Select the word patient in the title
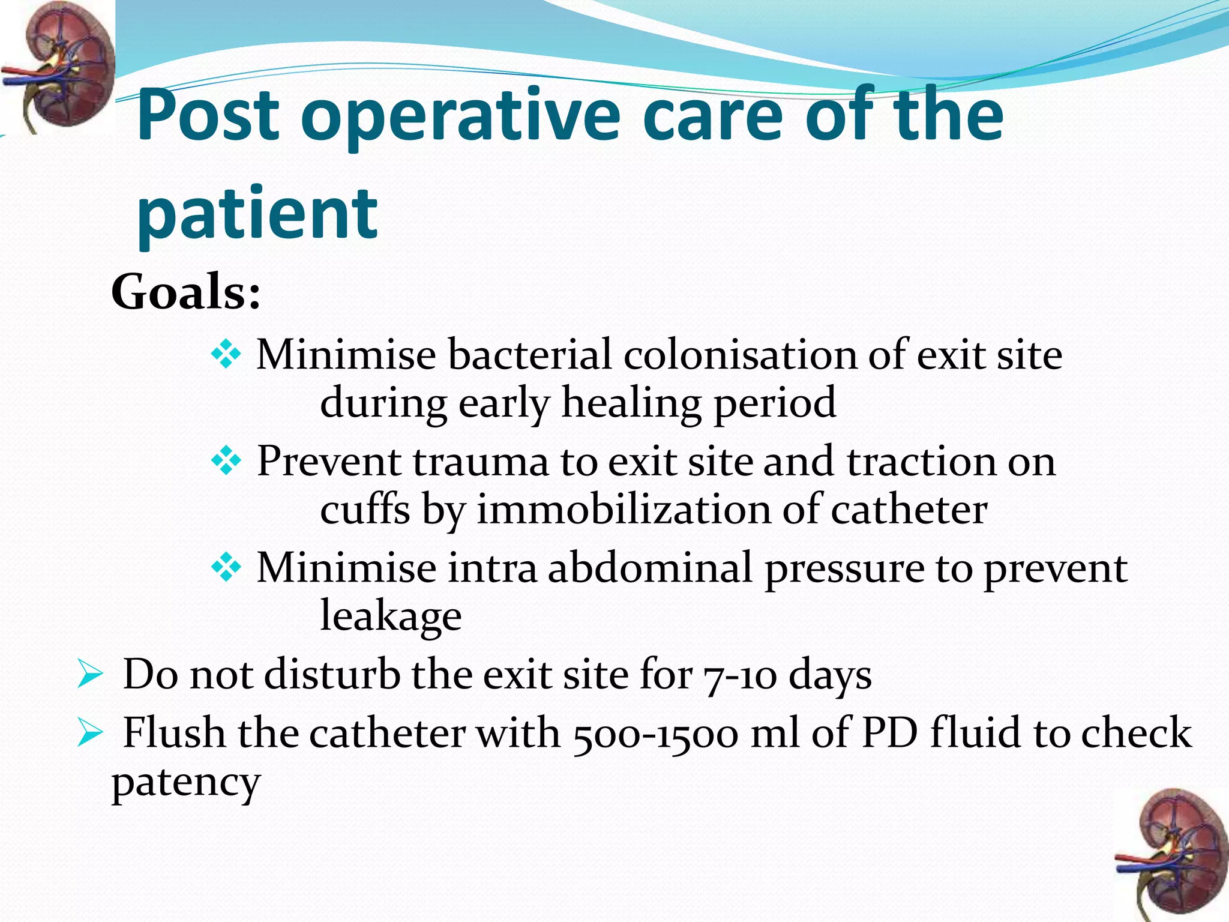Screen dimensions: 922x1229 click(257, 213)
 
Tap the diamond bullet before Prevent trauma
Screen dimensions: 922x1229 click(226, 462)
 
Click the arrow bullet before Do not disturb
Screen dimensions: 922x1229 click(90, 676)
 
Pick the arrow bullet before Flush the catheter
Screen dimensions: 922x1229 click(90, 734)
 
